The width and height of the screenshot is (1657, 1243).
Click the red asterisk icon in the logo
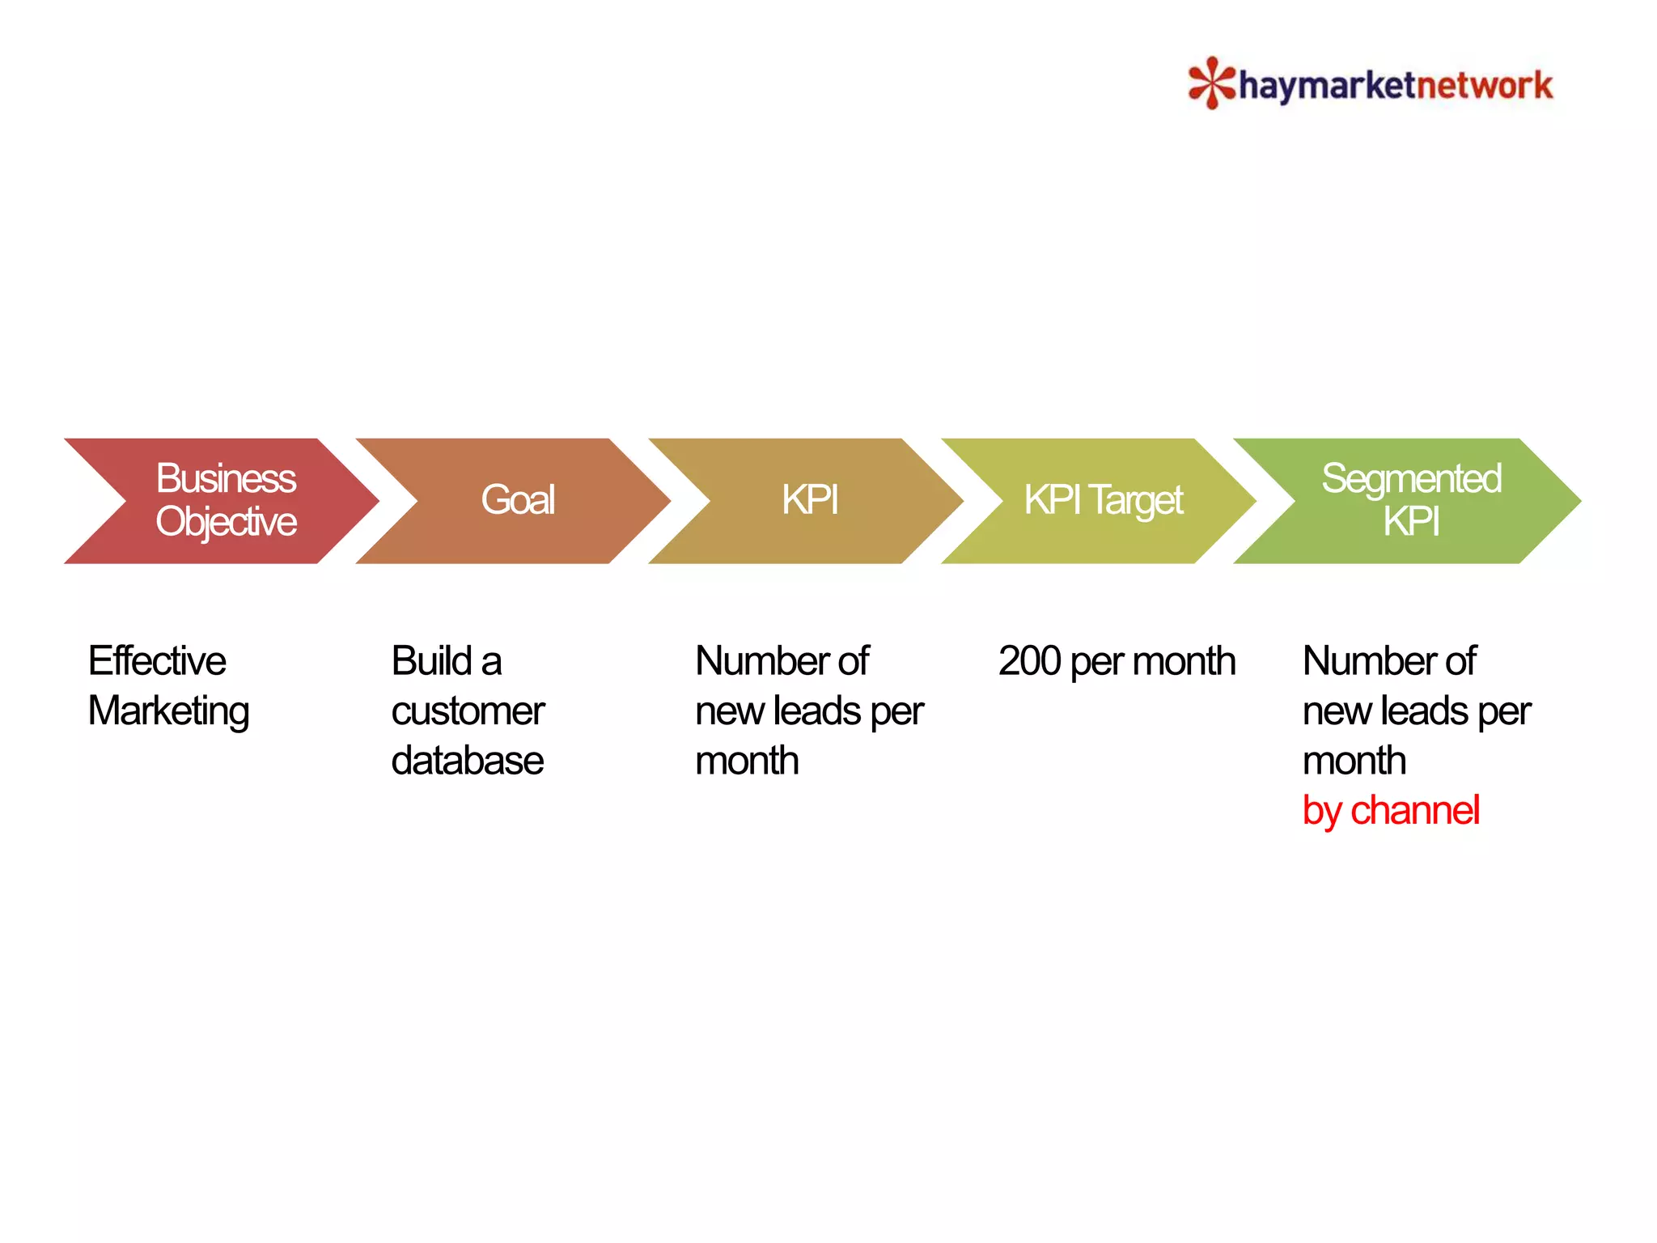click(x=1211, y=83)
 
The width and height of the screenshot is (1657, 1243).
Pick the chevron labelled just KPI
click(x=809, y=500)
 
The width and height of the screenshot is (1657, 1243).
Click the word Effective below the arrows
click(x=157, y=661)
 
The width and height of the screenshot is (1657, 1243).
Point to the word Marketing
click(x=168, y=712)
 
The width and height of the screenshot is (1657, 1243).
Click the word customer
click(x=468, y=711)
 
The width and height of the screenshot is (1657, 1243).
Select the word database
click(x=467, y=761)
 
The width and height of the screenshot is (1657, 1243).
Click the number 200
click(x=1029, y=661)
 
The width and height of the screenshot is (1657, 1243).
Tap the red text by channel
click(x=1391, y=811)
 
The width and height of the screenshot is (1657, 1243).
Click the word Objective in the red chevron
click(x=226, y=522)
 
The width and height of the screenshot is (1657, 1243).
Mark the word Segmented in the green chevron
click(x=1411, y=478)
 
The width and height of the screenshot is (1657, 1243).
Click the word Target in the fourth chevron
click(x=1136, y=500)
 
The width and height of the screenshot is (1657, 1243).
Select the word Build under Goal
click(x=431, y=661)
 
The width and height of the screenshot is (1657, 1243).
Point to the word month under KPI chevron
click(x=747, y=761)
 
